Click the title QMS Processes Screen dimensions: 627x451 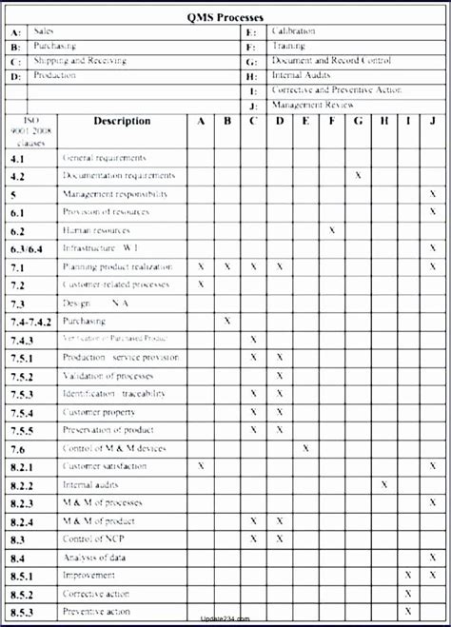pyautogui.click(x=225, y=16)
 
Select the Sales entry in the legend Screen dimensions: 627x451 pyautogui.click(x=44, y=31)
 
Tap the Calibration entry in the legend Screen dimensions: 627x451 pyautogui.click(x=293, y=31)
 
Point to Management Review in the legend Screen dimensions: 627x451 pyautogui.click(x=313, y=105)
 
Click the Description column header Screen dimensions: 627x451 pyautogui.click(x=122, y=121)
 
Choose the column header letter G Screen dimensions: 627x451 pyautogui.click(x=358, y=121)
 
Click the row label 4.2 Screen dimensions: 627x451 pyautogui.click(x=18, y=176)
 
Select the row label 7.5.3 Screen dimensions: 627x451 pyautogui.click(x=22, y=394)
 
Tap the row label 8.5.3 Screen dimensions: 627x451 pyautogui.click(x=22, y=612)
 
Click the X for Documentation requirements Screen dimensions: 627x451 pyautogui.click(x=358, y=175)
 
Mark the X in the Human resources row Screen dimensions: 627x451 pyautogui.click(x=332, y=230)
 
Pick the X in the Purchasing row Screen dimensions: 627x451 pyautogui.click(x=226, y=321)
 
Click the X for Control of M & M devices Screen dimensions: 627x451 pyautogui.click(x=305, y=447)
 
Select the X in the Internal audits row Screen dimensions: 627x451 pyautogui.click(x=384, y=484)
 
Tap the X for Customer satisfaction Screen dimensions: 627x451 pyautogui.click(x=201, y=466)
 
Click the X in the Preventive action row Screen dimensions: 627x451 pyautogui.click(x=408, y=611)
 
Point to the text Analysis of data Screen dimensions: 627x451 pyautogui.click(x=92, y=558)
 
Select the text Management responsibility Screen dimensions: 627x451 pyautogui.click(x=114, y=194)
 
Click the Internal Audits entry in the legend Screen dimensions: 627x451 pyautogui.click(x=302, y=75)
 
